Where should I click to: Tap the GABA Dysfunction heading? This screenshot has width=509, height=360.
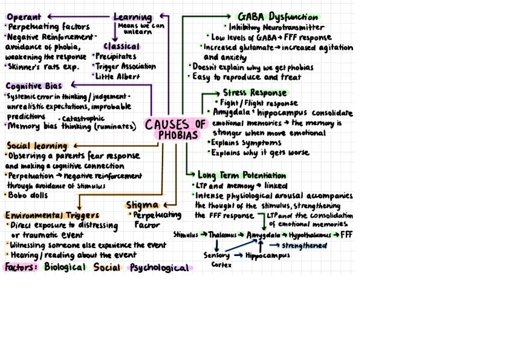(277, 17)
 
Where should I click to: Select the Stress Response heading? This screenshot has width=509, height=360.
(254, 93)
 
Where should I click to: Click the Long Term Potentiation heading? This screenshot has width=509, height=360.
(242, 175)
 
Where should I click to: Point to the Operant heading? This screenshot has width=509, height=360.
(24, 17)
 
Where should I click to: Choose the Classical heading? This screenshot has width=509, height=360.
(121, 47)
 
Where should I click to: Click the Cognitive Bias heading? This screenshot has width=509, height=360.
(34, 86)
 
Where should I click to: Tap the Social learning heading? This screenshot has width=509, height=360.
(37, 146)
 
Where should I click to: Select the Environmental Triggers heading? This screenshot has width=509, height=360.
(52, 215)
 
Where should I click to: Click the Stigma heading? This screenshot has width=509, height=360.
(143, 205)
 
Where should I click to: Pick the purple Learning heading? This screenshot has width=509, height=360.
(132, 17)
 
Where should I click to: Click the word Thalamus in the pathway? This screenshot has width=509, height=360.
(222, 235)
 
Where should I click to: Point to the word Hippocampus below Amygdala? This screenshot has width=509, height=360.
(267, 255)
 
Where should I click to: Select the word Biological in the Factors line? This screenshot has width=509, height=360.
(65, 267)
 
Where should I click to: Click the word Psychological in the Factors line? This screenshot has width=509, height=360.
(159, 267)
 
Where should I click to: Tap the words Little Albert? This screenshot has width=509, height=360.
(117, 76)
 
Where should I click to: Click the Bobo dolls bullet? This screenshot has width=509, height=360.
(28, 195)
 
